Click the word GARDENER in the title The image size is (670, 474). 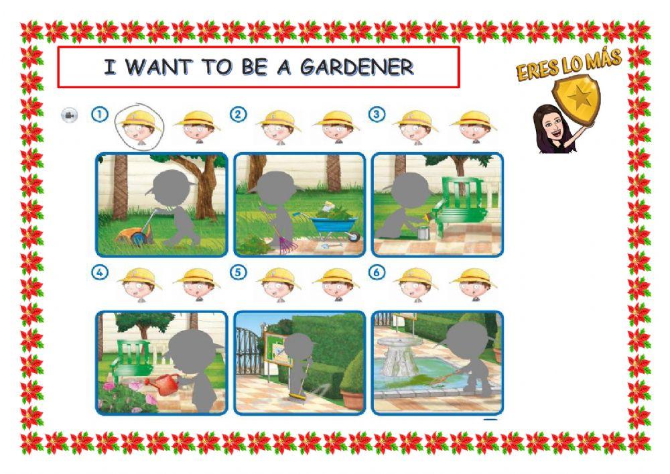357,67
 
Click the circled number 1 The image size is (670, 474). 100,114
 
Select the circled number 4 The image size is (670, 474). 100,272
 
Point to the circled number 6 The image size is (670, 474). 377,272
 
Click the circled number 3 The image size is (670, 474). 377,114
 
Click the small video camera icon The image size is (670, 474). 69,115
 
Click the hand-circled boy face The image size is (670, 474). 139,127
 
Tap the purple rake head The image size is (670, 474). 288,246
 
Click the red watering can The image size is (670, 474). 164,383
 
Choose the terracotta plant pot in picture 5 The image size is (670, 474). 352,399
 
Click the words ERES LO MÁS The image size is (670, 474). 569,64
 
